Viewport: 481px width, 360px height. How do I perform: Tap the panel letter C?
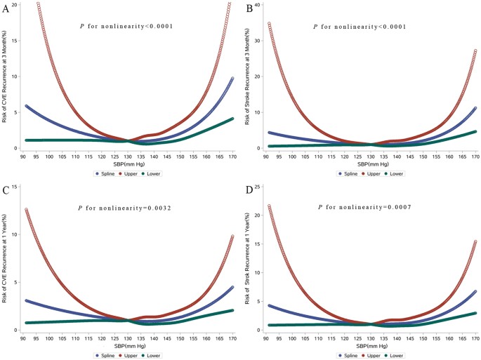pyautogui.click(x=5, y=188)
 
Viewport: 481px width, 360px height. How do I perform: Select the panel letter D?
pyautogui.click(x=248, y=188)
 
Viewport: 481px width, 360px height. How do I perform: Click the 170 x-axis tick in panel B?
pyautogui.click(x=475, y=156)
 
